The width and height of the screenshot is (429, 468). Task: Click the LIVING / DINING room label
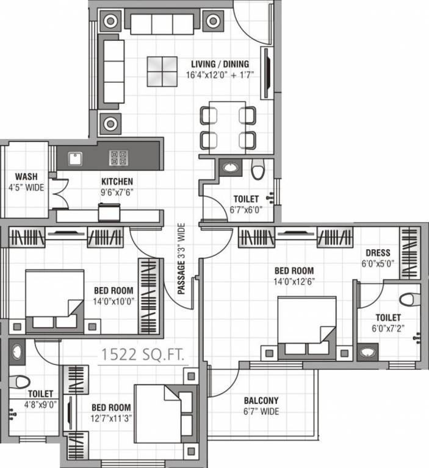pos(220,64)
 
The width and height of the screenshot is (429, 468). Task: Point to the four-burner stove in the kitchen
pos(118,158)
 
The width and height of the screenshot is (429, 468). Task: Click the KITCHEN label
pos(117,182)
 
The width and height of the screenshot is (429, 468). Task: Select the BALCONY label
pos(261,400)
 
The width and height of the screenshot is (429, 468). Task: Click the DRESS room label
pos(378,253)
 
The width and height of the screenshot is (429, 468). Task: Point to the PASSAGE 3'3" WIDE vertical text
pos(181,258)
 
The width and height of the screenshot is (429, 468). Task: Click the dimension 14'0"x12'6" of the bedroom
pos(294,281)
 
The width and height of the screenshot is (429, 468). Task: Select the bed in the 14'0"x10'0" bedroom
pos(54,302)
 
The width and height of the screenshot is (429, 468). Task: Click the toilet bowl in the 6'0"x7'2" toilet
pos(410,299)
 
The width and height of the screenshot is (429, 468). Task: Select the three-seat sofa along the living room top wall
pos(162,24)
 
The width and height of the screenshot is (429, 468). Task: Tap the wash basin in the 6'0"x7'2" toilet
pos(367,352)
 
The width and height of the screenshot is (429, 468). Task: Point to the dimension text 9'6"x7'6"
pos(117,191)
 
